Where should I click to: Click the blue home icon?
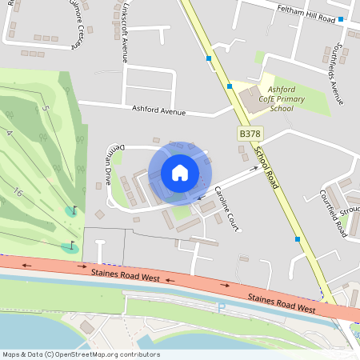point(180,172)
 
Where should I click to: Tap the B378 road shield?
point(250,135)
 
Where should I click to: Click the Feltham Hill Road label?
point(304,18)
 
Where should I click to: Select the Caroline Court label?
point(228,212)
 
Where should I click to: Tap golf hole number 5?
point(47,108)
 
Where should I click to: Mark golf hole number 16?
point(17,191)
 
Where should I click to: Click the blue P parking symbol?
point(222,306)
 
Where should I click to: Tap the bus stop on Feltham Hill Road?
point(341,18)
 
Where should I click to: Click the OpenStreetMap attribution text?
point(80,354)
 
